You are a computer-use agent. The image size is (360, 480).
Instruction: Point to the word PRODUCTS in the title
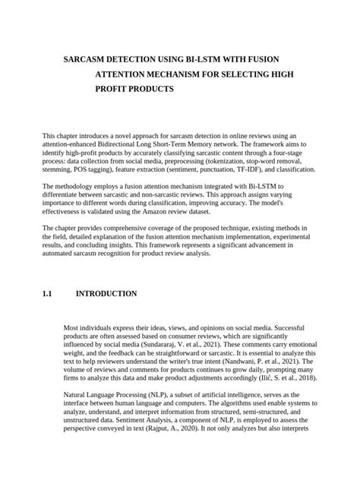[146, 89]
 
